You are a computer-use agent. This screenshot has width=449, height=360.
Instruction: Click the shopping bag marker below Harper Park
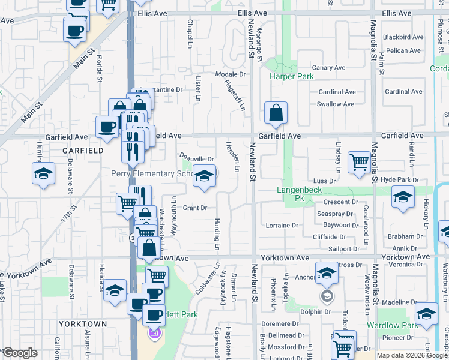276,113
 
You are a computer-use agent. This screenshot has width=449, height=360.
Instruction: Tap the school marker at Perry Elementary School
204,176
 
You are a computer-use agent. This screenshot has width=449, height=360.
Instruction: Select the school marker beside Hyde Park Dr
403,197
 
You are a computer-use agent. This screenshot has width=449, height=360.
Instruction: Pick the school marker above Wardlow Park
426,314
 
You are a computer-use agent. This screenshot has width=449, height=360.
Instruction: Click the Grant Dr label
195,208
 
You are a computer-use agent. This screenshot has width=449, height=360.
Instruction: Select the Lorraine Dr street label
282,226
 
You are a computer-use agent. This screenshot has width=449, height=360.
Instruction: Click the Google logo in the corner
20,352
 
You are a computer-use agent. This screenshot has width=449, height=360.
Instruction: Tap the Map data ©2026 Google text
412,355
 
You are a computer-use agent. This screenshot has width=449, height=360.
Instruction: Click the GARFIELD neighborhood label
83,151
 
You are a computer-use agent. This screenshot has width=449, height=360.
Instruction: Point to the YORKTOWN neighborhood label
83,324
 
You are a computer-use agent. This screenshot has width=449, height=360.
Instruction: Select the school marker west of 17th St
44,174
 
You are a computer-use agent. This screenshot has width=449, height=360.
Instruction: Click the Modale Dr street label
231,74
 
